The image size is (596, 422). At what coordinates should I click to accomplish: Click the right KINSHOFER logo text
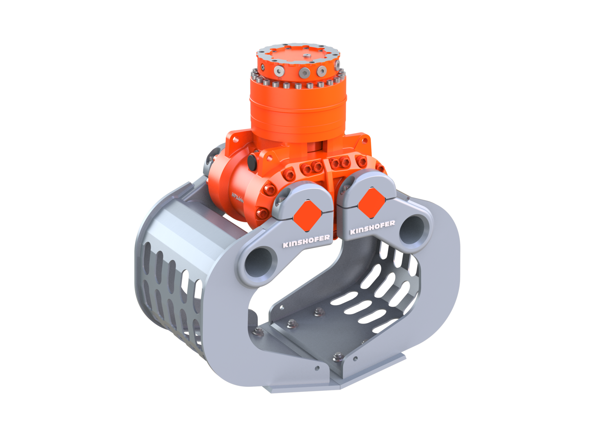[372, 227]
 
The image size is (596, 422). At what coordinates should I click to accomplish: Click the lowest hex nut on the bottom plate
[338, 356]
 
